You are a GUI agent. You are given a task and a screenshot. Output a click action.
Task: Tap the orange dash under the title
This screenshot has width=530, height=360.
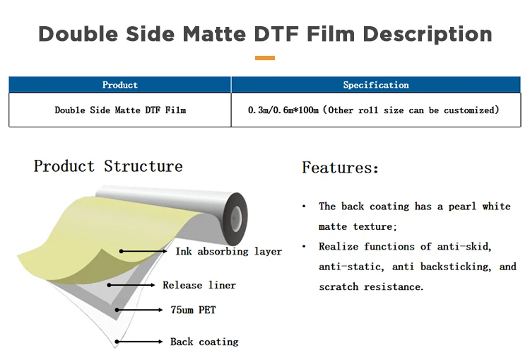264,58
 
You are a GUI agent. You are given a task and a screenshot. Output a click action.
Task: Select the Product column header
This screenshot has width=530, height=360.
120,85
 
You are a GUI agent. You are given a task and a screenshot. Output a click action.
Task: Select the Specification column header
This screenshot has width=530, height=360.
376,85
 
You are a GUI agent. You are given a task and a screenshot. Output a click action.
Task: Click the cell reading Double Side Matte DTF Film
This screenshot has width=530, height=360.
120,110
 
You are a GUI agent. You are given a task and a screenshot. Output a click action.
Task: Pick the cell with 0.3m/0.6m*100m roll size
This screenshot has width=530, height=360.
374,110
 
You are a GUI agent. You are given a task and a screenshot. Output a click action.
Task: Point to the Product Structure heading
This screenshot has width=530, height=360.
108,167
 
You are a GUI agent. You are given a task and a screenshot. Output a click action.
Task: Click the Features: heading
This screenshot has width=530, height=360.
340,168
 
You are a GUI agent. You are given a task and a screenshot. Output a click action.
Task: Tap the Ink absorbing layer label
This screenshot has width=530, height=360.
228,251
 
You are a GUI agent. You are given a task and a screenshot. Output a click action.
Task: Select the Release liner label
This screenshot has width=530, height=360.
199,285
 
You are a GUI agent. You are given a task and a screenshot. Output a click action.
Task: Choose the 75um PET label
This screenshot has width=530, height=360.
194,310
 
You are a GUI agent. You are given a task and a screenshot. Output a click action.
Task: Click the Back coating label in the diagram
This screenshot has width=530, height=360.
204,342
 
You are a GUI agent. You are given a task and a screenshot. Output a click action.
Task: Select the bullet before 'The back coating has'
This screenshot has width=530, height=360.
304,207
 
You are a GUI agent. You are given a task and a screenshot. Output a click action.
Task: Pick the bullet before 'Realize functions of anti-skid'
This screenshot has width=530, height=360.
304,247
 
